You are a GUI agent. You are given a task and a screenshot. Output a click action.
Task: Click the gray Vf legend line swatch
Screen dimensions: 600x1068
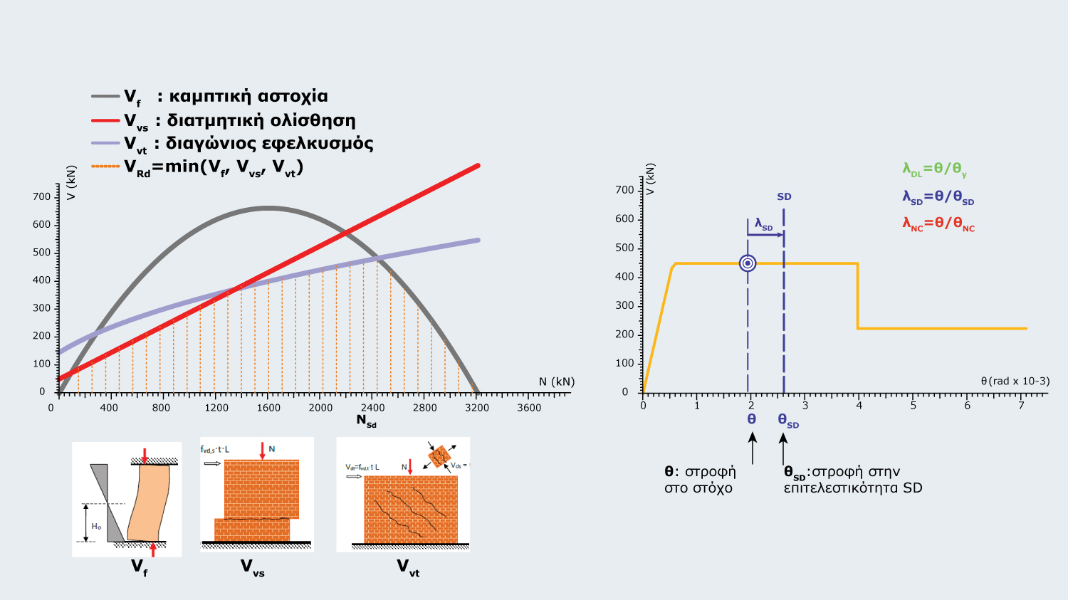(x=105, y=96)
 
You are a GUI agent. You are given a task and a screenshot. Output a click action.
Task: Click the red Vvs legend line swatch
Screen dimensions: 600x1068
(x=105, y=120)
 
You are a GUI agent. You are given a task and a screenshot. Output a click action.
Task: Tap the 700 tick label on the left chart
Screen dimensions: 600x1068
(x=41, y=196)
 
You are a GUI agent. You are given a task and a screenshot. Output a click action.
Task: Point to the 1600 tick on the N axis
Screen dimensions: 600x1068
(x=268, y=408)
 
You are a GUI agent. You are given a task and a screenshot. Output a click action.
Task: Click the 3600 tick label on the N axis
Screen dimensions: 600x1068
(x=529, y=408)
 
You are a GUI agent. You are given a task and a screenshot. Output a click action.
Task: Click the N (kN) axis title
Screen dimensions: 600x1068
(x=556, y=381)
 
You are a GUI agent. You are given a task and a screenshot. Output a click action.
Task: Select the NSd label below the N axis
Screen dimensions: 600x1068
(x=366, y=421)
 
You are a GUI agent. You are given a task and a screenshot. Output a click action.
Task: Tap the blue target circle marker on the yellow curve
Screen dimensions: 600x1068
(x=748, y=263)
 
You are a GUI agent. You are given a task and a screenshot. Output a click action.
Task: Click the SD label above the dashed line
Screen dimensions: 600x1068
(x=784, y=196)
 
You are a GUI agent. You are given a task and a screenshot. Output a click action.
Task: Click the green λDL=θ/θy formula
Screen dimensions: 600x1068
(x=934, y=169)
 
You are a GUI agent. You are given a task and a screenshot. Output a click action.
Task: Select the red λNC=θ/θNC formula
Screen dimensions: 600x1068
(x=938, y=223)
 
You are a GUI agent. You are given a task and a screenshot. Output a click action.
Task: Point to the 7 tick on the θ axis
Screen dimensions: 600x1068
(x=1021, y=406)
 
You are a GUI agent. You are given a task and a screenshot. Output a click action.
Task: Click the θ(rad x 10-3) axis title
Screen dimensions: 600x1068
(x=1015, y=381)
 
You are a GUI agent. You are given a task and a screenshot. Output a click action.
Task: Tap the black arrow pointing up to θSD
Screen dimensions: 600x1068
(x=784, y=448)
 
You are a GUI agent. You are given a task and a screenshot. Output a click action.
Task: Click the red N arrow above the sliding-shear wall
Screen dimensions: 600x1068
(x=263, y=451)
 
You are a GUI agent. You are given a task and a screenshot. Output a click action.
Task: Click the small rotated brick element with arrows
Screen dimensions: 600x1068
(x=440, y=456)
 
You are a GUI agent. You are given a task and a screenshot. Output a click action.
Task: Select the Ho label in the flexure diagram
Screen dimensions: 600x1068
(x=96, y=527)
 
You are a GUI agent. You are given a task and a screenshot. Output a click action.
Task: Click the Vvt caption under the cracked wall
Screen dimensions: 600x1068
(x=408, y=567)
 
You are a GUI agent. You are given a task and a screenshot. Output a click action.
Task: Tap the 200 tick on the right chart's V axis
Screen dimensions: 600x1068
(x=624, y=335)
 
